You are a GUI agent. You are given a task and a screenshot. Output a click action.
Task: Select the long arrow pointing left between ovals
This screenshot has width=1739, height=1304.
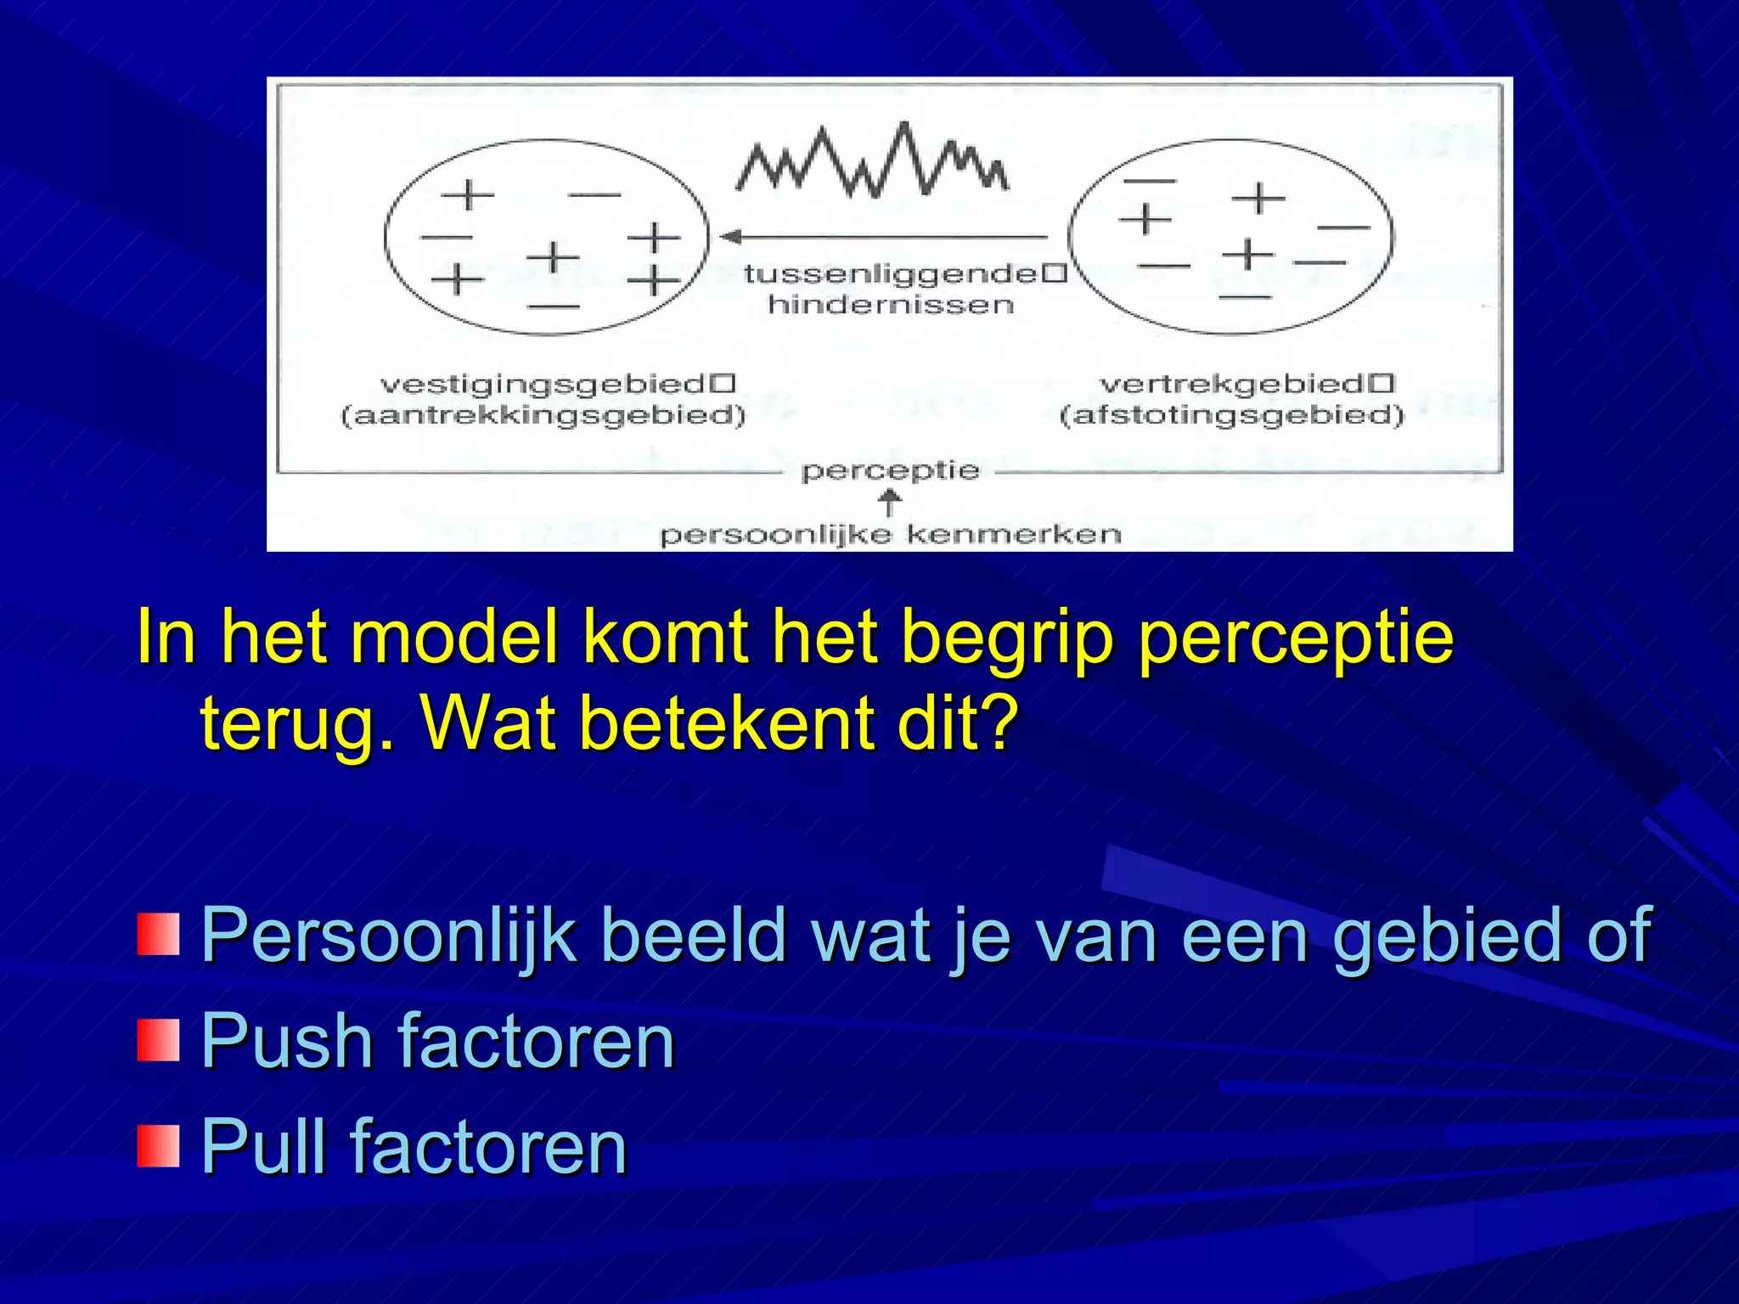coord(883,237)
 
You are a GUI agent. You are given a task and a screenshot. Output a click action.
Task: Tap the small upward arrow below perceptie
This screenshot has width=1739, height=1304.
coord(889,503)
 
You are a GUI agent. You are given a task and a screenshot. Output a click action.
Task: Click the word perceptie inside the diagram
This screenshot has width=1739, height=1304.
coord(890,471)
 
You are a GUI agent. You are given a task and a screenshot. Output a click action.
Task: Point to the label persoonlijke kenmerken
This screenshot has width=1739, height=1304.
coord(891,535)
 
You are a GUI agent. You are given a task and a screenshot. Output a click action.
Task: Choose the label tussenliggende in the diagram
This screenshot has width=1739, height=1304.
coord(891,273)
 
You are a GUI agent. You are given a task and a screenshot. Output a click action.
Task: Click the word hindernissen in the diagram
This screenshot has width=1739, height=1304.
coord(891,305)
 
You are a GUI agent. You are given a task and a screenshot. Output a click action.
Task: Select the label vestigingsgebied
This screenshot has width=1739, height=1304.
coord(543,385)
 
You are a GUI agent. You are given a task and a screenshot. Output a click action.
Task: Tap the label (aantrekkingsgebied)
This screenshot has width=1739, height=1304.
coord(543,416)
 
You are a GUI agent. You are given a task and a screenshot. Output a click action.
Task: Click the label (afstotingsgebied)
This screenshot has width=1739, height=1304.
coord(1232,416)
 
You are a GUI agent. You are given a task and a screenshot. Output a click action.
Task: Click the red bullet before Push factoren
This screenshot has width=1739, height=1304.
coord(158,1041)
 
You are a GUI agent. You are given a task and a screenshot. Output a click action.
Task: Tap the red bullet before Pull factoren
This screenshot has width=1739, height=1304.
coord(158,1147)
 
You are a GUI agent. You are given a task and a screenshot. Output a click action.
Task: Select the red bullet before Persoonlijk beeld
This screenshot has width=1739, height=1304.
coord(158,935)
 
